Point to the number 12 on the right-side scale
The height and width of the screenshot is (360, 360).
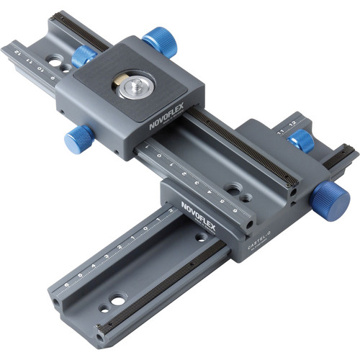pos(292,124)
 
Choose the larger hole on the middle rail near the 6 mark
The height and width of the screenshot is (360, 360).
pos(232,189)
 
